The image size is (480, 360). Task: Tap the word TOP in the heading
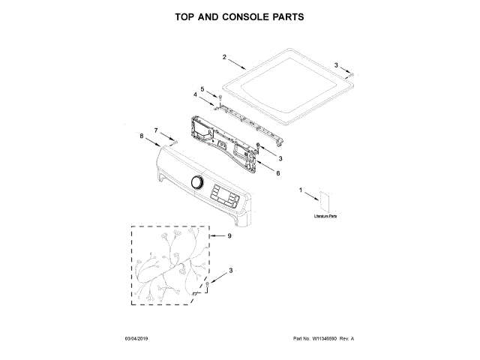pos(188,16)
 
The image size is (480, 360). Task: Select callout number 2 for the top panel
pos(224,57)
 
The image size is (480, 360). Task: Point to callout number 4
pos(196,95)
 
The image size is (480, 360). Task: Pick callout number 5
pos(202,89)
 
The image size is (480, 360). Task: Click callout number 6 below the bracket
pos(278,173)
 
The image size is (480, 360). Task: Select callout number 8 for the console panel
pos(142,136)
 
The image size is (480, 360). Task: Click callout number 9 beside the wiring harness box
pos(229,236)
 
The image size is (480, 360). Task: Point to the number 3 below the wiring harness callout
pos(230,270)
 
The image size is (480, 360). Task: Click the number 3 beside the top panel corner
pos(337,65)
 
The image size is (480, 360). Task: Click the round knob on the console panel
pos(197,182)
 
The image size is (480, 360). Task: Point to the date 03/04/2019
pos(139,339)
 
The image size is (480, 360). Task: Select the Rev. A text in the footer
pos(346,339)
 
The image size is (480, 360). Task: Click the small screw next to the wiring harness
pos(208,283)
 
